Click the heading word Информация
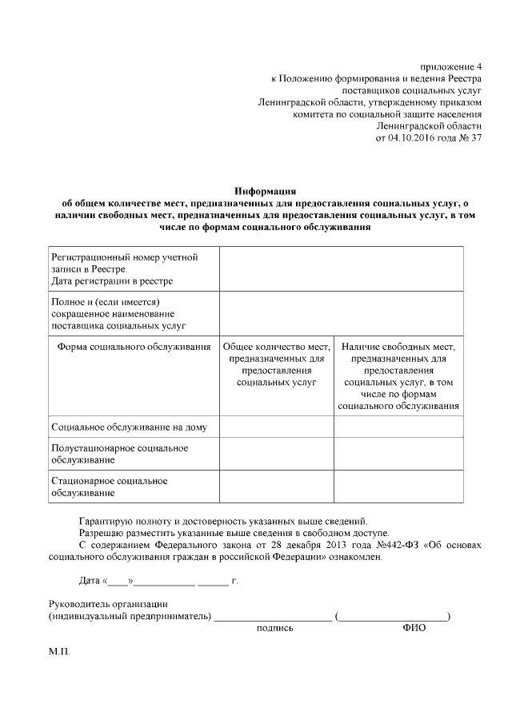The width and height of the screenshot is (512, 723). point(265,192)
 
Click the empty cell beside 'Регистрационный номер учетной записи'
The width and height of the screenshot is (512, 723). point(341,269)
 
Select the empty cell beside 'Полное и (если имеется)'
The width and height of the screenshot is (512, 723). point(341,314)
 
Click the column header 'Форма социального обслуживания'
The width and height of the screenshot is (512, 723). point(134,347)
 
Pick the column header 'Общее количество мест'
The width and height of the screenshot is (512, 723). point(276,364)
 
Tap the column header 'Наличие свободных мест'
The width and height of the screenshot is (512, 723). point(398,376)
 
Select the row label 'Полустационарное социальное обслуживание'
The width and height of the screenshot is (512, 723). point(119,454)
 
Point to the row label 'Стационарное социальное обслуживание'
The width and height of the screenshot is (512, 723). point(109,487)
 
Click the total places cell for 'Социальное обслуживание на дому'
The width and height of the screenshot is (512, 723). point(276,427)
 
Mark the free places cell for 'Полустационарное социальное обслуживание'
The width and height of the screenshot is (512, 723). point(398,454)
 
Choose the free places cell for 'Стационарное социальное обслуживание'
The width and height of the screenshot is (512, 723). point(398,487)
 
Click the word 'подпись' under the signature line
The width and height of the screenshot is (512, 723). point(274,629)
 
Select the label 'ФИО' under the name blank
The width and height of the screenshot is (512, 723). point(414,629)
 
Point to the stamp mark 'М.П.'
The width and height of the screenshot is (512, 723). point(59,652)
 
